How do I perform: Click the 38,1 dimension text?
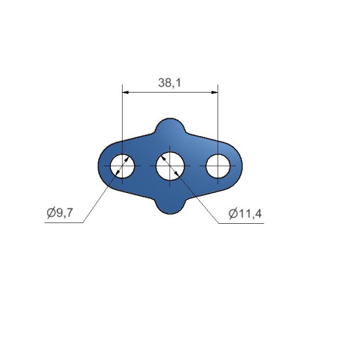pos(170,83)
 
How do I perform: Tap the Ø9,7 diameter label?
pos(60,213)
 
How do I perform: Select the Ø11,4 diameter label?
pos(245,213)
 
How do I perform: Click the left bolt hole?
pos(122,166)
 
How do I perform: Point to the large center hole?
pos(170,166)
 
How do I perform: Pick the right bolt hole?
pos(218,166)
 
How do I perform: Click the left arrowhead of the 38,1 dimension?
pos(126,93)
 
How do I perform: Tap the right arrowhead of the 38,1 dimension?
pos(215,93)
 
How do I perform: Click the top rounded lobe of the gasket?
pos(171,125)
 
